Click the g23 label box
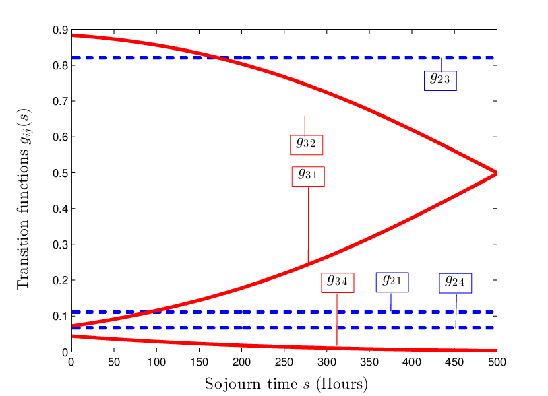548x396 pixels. (440, 81)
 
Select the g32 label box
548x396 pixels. (306, 145)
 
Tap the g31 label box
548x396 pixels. (308, 176)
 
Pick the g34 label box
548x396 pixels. (338, 282)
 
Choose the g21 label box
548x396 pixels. (392, 282)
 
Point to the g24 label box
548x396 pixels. (456, 284)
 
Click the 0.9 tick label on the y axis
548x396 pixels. (60, 30)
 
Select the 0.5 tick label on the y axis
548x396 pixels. (60, 173)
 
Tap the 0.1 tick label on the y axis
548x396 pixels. (60, 316)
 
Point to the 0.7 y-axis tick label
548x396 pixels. (60, 102)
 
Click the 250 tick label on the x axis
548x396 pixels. (284, 362)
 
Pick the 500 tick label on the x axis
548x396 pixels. (497, 362)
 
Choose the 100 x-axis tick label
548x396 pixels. (156, 362)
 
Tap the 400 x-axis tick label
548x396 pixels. (412, 362)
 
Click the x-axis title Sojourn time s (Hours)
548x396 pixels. (286, 384)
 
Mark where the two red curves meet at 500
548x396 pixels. (496, 173)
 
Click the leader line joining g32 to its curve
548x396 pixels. (305, 110)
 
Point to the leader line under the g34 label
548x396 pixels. (337, 319)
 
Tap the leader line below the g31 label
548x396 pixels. (308, 224)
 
